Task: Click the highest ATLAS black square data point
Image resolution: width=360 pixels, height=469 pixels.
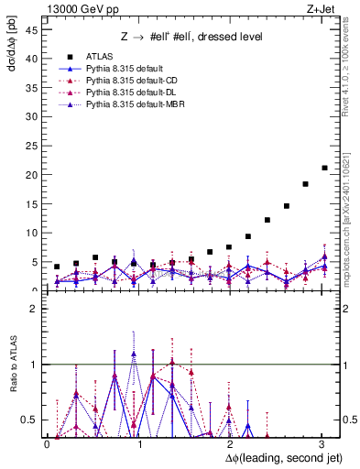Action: pos(324,168)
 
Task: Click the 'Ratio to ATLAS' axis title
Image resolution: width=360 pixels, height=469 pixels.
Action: pos(12,367)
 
